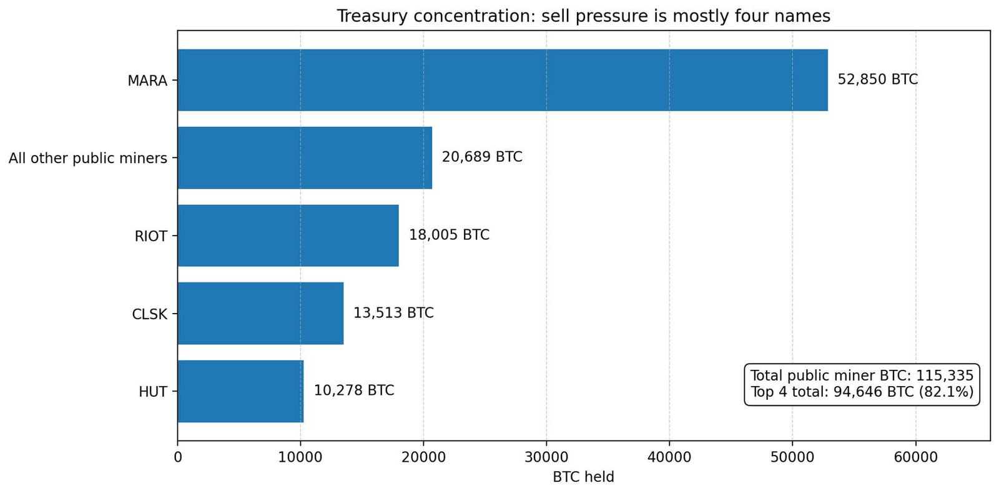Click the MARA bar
[503, 80]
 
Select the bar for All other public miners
[305, 157]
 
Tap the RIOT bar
[288, 236]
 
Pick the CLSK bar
[260, 313]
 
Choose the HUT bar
[240, 391]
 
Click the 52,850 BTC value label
[877, 79]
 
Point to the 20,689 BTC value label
[481, 157]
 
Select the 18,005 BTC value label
[449, 235]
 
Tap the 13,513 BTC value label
[393, 312]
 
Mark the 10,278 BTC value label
[353, 391]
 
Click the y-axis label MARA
[147, 81]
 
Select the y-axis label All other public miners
[88, 158]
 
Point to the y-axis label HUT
[153, 392]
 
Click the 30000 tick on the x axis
[546, 457]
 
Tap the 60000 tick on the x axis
[915, 457]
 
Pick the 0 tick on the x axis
[178, 457]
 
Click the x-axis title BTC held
[583, 477]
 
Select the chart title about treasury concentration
[583, 16]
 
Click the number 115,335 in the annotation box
[944, 376]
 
